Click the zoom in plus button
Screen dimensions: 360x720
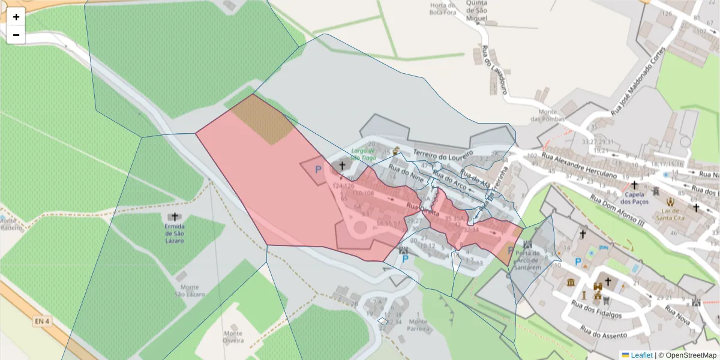tap(16, 17)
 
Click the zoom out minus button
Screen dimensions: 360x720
tap(16, 35)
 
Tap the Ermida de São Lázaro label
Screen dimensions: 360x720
tap(175, 233)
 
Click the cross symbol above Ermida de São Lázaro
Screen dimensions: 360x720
tap(175, 217)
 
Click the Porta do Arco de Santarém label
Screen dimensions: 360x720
tap(529, 257)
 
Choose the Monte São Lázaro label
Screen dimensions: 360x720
tap(190, 290)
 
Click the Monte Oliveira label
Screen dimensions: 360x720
tap(233, 337)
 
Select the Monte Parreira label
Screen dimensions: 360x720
tap(418, 325)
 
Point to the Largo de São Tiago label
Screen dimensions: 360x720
tap(363, 154)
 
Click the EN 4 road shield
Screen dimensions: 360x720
tap(41, 322)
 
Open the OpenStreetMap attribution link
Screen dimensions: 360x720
tap(687, 355)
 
